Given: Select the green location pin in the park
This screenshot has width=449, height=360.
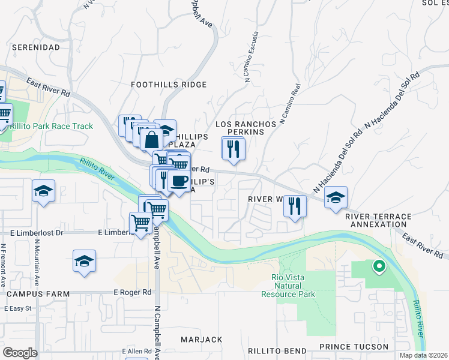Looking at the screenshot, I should tap(379, 266).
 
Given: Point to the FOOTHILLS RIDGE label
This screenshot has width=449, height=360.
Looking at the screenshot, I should tap(169, 85).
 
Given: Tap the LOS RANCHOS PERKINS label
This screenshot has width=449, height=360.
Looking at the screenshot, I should tap(247, 128).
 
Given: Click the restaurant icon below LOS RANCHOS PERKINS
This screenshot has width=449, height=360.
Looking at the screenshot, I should tap(233, 148).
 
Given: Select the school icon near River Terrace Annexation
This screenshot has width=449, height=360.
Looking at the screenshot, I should tap(336, 197).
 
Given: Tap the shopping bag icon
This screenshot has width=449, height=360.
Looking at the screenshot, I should tap(152, 139).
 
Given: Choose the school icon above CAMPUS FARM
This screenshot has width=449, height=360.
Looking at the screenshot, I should tap(85, 262).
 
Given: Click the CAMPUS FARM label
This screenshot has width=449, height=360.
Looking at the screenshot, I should tap(38, 294).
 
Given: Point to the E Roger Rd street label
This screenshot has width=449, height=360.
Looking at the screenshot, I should tap(133, 292).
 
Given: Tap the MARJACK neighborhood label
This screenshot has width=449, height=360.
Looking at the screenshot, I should tap(201, 340).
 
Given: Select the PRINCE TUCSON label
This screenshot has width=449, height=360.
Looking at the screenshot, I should tap(354, 347).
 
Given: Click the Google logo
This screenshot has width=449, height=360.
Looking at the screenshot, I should tap(20, 353).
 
